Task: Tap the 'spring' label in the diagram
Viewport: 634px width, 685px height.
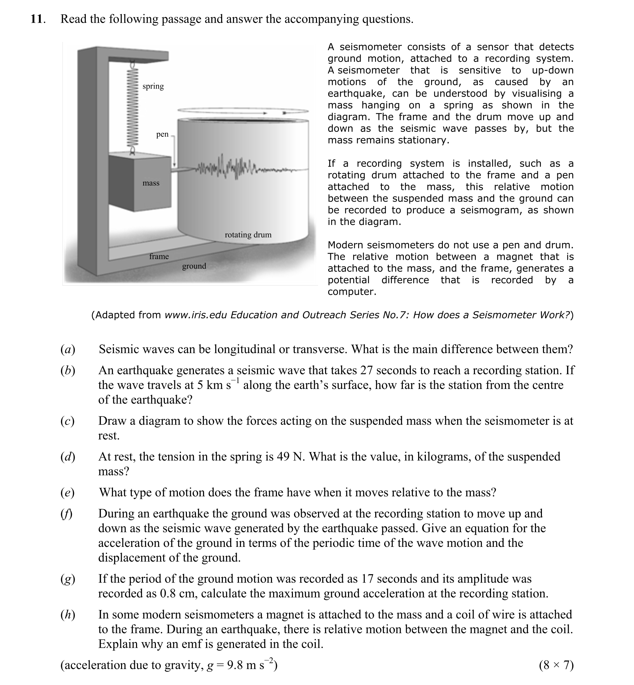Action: coord(153,86)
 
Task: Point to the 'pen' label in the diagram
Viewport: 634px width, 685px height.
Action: coord(162,134)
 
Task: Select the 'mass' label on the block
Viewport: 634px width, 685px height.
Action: coord(151,183)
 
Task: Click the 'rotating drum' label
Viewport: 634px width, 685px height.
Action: coord(248,235)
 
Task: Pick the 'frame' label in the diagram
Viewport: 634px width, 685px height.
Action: coord(159,256)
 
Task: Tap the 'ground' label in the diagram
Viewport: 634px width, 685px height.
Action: coord(194,266)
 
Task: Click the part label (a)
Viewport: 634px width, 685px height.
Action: coord(68,349)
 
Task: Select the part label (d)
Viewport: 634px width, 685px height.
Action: coord(68,457)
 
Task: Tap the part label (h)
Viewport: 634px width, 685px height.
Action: coord(68,614)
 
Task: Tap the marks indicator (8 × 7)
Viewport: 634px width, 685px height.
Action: coord(556,665)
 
